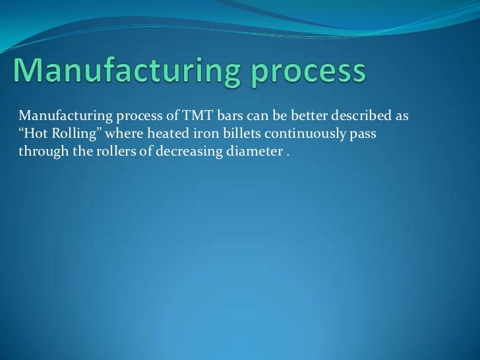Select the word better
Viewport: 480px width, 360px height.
coord(298,117)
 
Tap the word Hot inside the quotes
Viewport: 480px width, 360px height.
coord(33,134)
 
